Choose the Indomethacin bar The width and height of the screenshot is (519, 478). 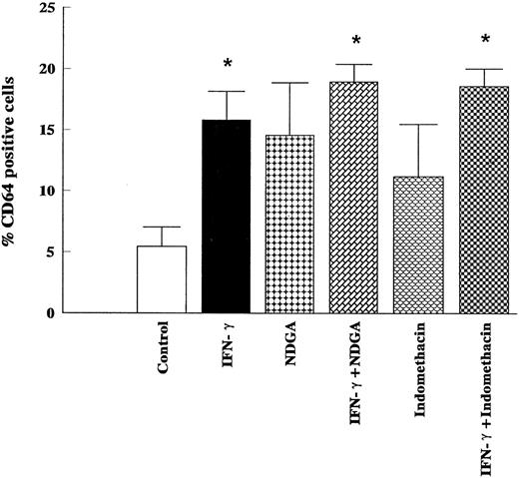(x=418, y=245)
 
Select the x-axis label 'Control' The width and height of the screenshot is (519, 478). (x=164, y=346)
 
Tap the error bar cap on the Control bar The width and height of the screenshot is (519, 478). (x=163, y=228)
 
